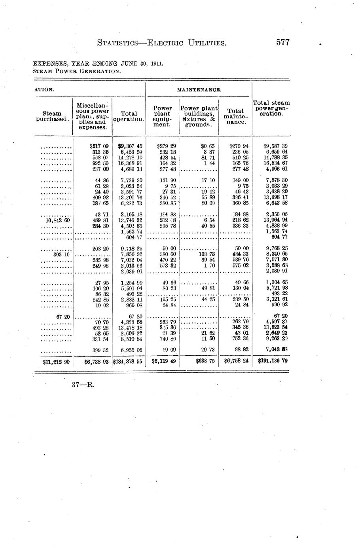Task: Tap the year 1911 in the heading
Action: point(157,63)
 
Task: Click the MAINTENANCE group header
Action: point(199,90)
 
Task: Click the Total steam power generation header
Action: point(271,108)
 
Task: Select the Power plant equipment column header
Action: point(163,116)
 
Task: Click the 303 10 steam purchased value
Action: point(61,254)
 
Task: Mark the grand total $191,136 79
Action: point(273,361)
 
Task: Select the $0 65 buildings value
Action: point(208,146)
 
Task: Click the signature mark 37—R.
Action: point(83,384)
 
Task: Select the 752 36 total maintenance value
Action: point(240,339)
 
